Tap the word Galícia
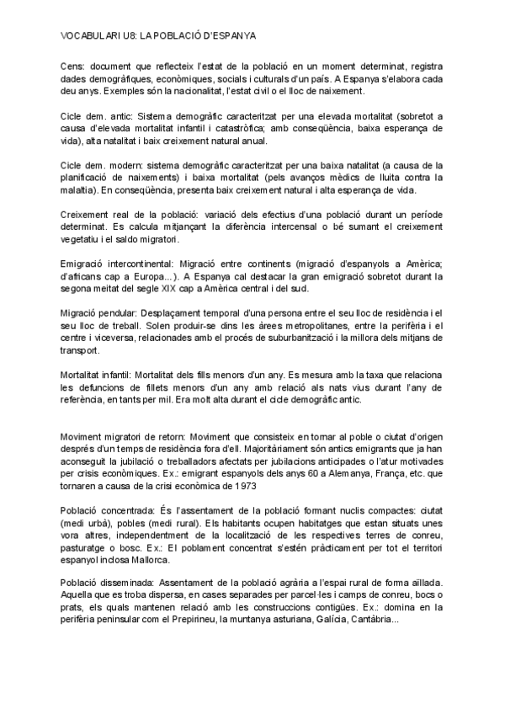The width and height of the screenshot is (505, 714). [313, 621]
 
